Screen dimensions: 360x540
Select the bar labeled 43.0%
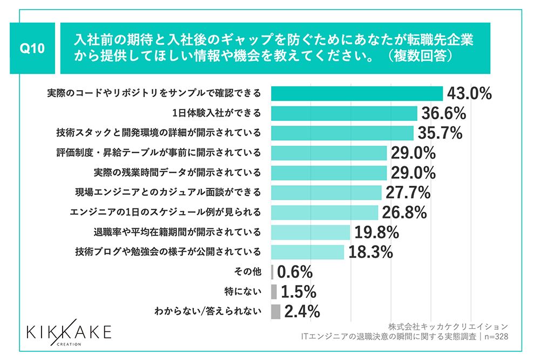pos(356,93)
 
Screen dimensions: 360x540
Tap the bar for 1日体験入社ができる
pos(343,113)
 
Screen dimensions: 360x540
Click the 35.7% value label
pos(440,133)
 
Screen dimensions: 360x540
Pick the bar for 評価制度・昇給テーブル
pos(328,153)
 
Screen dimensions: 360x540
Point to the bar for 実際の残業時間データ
pos(328,173)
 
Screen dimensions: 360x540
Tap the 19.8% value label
pos(376,232)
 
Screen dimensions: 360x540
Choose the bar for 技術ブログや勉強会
pos(307,252)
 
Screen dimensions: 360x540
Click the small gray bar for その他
pos(272,271)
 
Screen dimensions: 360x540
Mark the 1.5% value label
pos(298,291)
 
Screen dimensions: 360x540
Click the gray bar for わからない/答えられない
pos(275,311)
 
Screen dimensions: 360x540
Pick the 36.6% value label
pos(443,113)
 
